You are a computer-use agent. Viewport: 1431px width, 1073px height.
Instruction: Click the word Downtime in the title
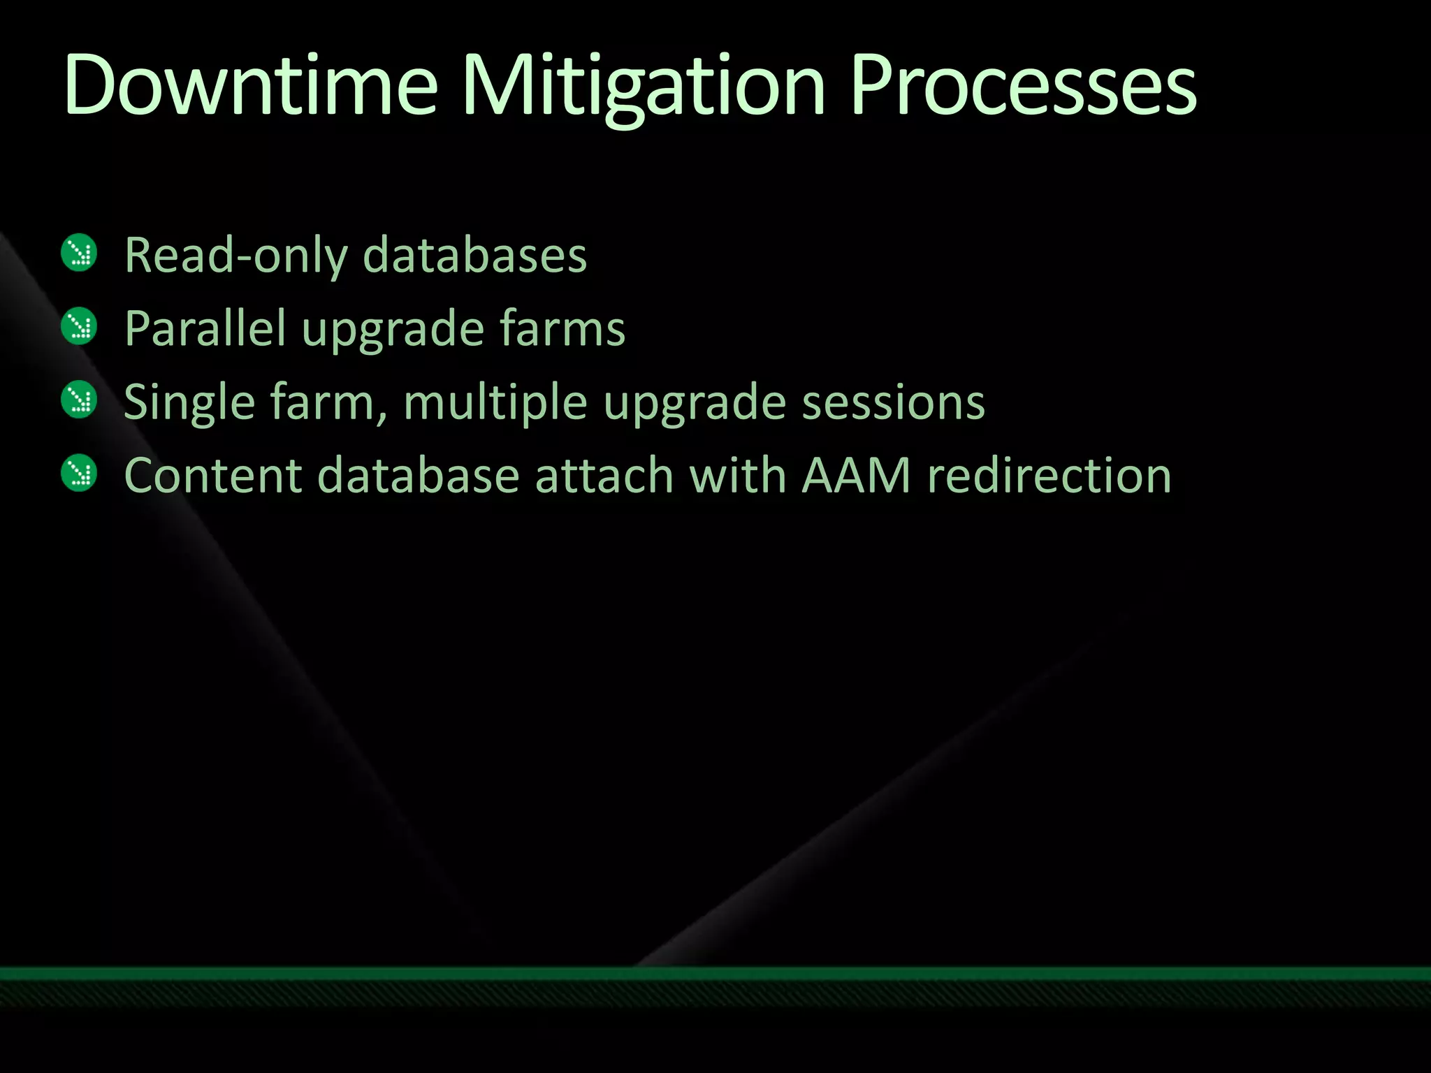pyautogui.click(x=250, y=87)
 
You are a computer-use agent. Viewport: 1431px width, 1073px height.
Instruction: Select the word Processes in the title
pyautogui.click(x=1023, y=87)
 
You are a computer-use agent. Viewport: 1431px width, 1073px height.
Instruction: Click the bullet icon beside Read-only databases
pyautogui.click(x=79, y=252)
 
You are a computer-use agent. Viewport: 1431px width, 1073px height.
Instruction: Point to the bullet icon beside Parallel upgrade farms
pyautogui.click(x=79, y=326)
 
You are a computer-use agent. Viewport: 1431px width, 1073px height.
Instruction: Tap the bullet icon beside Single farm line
pyautogui.click(x=79, y=400)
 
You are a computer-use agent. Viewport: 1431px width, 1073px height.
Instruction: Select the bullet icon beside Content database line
pyautogui.click(x=79, y=473)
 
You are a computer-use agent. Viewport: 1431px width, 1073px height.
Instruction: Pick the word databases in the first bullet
pyautogui.click(x=475, y=256)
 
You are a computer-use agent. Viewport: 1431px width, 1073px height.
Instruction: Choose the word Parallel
pyautogui.click(x=205, y=328)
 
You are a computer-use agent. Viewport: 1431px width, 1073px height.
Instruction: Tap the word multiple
pyautogui.click(x=495, y=403)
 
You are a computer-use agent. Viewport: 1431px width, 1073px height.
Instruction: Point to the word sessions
pyautogui.click(x=893, y=403)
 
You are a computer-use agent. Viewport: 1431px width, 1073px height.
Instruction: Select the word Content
pyautogui.click(x=213, y=476)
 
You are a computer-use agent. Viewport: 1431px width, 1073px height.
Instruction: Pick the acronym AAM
pyautogui.click(x=856, y=476)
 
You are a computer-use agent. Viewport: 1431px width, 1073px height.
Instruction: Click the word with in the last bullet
pyautogui.click(x=737, y=476)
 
